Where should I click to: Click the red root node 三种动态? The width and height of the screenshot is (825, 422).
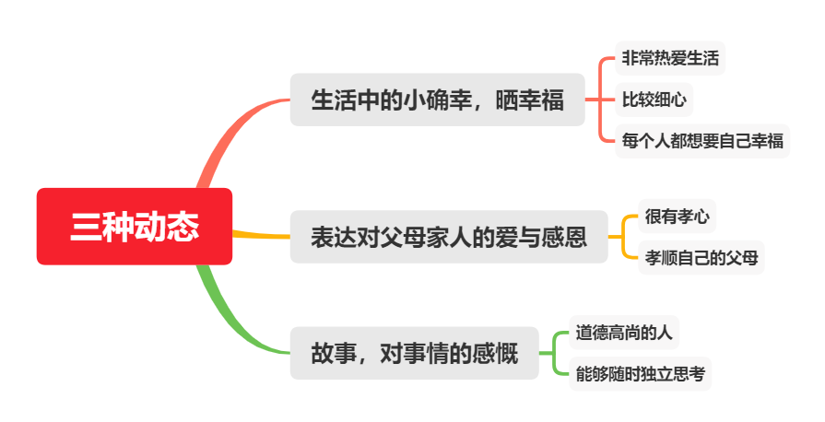pos(135,227)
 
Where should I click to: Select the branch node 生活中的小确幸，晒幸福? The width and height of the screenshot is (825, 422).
pos(437,100)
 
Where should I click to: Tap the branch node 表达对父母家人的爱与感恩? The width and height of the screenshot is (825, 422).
pos(449,237)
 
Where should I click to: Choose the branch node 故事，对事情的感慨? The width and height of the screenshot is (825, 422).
pos(414,353)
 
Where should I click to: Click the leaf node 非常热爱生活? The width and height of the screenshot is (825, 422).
pos(670,58)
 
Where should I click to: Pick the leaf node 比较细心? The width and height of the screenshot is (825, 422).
pos(654,100)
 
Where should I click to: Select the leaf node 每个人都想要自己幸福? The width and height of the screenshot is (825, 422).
pos(702,141)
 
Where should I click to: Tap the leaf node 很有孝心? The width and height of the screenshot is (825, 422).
pos(678,217)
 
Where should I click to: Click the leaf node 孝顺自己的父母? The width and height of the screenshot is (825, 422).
pos(701,258)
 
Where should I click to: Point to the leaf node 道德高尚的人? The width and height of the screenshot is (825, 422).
pos(624,333)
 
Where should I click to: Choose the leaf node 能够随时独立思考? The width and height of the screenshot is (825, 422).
pos(640,374)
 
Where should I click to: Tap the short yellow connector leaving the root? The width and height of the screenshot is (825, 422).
pos(261,235)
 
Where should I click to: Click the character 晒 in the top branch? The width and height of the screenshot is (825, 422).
pos(507,100)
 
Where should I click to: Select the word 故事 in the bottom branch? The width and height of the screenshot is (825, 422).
pos(334,354)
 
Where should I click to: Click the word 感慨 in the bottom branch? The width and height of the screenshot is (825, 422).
pos(495,354)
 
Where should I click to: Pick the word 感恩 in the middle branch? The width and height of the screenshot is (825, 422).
pos(564,238)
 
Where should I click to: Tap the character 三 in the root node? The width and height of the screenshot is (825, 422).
pos(86,228)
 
